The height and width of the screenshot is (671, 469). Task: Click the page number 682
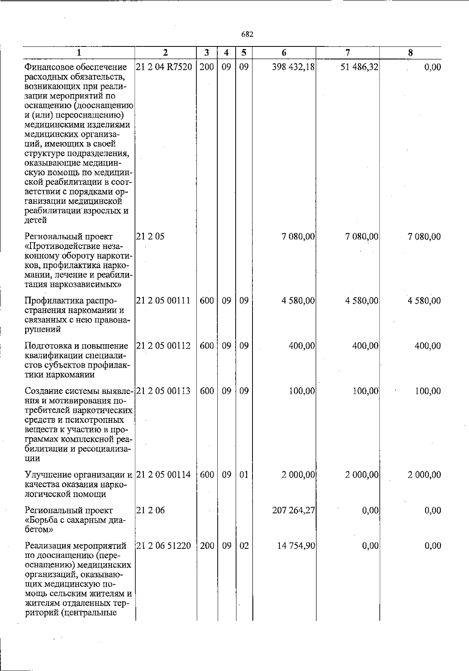(x=247, y=34)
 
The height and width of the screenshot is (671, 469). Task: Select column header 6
(x=284, y=53)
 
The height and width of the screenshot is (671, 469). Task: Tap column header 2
(x=165, y=53)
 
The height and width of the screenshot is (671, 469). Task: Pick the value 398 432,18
(x=294, y=67)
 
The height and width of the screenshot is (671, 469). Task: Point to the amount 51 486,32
(x=359, y=67)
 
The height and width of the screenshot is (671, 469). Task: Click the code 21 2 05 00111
(x=163, y=301)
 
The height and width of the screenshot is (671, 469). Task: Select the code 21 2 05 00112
(x=163, y=346)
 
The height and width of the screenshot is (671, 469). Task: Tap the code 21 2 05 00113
(x=163, y=391)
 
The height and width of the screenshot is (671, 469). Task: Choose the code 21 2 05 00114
(x=163, y=475)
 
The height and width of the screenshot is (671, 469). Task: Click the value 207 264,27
(x=294, y=510)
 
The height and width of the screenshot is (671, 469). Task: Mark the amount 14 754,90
(x=296, y=546)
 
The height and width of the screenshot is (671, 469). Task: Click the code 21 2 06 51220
(x=163, y=546)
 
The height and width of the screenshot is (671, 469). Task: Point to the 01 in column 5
(x=244, y=475)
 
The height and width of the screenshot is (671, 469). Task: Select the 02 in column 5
(x=244, y=546)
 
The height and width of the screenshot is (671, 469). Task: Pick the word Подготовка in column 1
(x=46, y=346)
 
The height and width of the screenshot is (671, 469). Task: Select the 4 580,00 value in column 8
(x=424, y=301)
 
